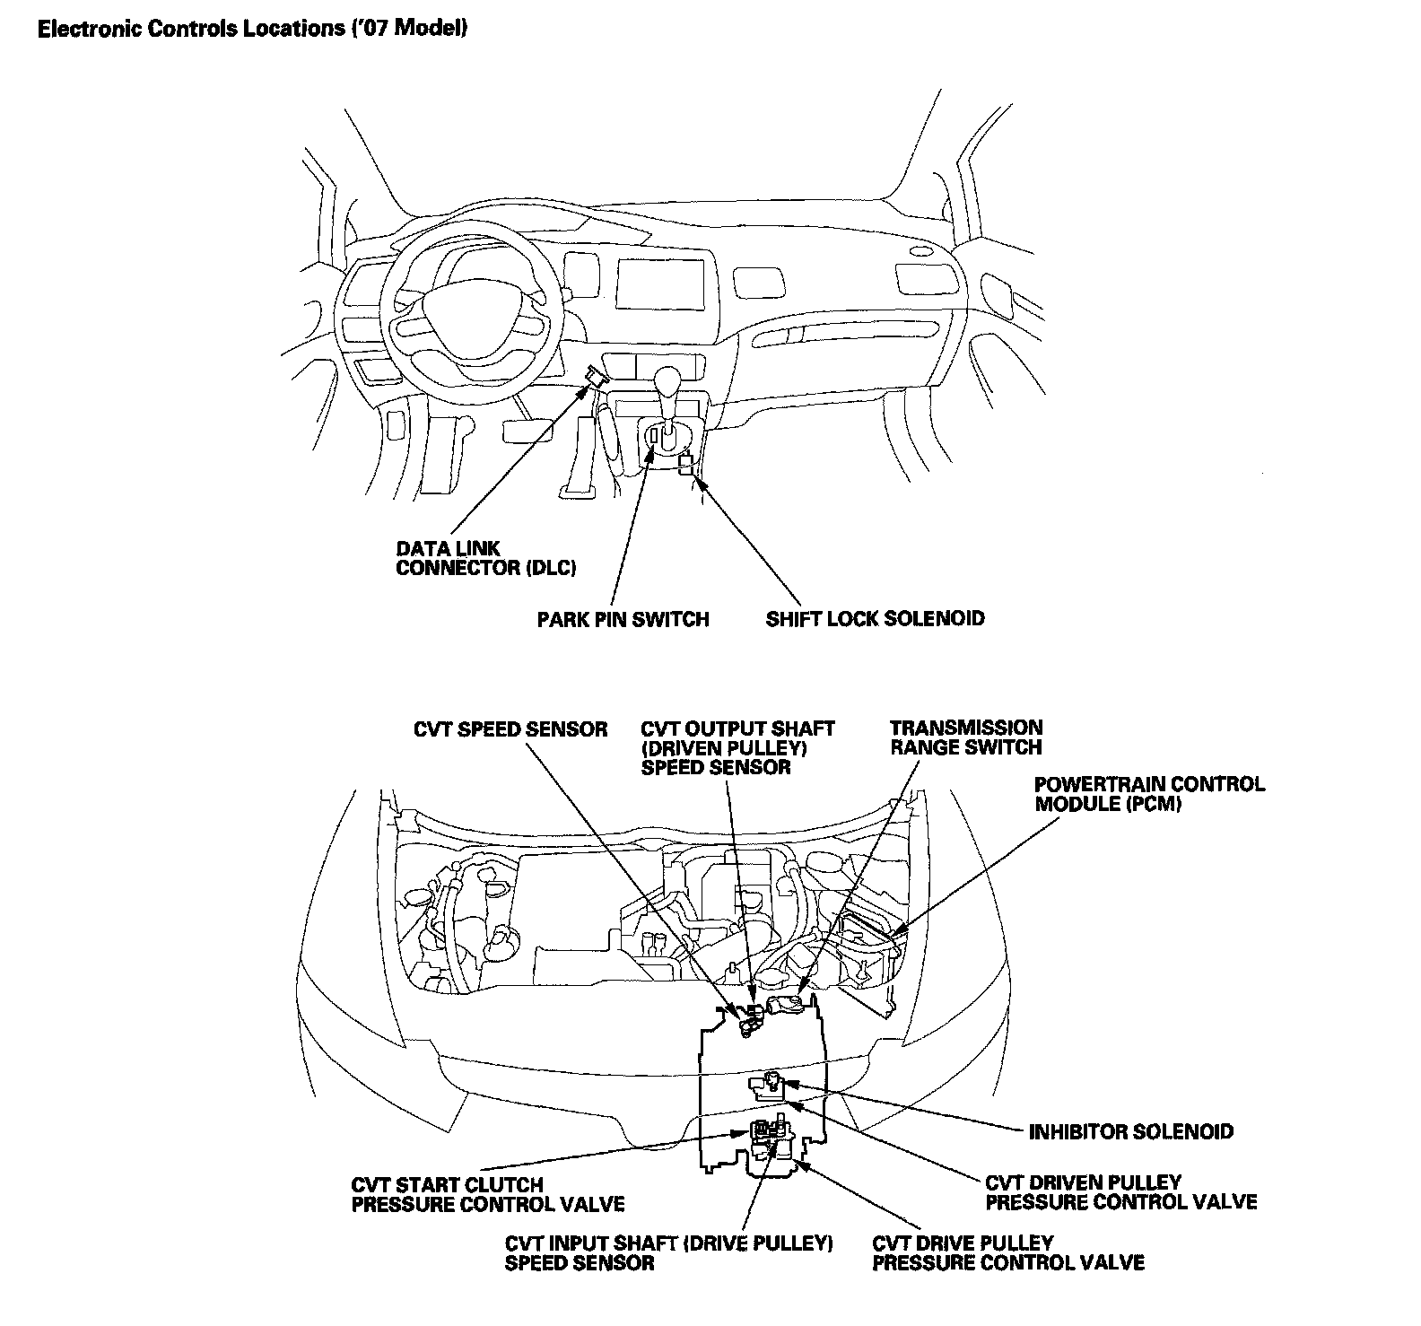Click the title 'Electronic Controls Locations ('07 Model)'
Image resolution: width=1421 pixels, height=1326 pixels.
[252, 29]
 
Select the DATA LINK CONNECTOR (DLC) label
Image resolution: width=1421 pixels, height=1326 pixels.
[485, 558]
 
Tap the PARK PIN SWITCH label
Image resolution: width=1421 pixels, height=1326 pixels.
[623, 619]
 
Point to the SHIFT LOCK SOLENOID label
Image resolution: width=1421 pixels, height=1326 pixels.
[875, 618]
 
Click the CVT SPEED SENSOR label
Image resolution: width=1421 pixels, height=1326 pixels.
[510, 729]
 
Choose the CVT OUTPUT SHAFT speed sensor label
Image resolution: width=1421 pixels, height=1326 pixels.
[737, 747]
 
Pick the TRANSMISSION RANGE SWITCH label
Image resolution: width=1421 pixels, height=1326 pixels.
[966, 737]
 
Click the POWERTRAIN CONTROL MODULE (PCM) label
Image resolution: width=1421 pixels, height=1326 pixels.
[1149, 793]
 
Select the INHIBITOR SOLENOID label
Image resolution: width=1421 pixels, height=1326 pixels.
[1130, 1131]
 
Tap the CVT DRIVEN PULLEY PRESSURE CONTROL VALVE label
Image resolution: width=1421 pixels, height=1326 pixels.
[1120, 1192]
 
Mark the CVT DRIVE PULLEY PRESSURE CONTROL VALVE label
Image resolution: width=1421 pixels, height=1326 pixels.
[1007, 1253]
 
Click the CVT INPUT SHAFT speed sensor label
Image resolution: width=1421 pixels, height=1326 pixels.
[669, 1253]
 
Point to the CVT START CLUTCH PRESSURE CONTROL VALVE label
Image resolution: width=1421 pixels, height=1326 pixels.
[487, 1194]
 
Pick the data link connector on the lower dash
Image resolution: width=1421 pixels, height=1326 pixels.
[595, 376]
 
